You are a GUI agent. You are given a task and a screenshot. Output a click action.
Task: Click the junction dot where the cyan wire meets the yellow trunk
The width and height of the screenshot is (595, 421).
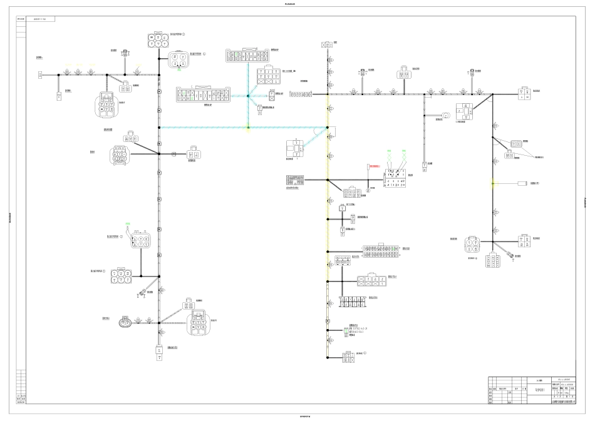point(328,128)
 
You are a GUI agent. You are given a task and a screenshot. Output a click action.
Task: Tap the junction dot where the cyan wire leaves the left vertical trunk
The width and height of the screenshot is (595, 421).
point(159,128)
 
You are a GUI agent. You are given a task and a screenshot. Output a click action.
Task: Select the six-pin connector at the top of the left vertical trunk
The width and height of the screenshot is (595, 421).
point(158,41)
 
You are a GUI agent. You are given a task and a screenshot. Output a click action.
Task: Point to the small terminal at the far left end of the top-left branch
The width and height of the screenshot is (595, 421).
point(40,75)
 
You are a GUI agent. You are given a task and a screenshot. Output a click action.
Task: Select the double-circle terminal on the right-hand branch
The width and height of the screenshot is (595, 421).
point(447,116)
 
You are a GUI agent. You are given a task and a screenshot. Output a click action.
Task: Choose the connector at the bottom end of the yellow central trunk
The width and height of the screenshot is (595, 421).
point(347,358)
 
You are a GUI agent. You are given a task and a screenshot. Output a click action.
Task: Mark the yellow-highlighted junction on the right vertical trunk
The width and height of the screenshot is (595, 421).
point(493,184)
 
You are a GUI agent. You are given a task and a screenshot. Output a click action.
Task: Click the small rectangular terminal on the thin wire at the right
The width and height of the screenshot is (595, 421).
point(522,184)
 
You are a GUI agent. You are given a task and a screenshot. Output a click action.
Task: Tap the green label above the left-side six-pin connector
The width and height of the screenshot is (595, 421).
point(129,223)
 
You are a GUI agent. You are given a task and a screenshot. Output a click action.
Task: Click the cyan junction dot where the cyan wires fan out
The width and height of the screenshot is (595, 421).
point(248,96)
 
